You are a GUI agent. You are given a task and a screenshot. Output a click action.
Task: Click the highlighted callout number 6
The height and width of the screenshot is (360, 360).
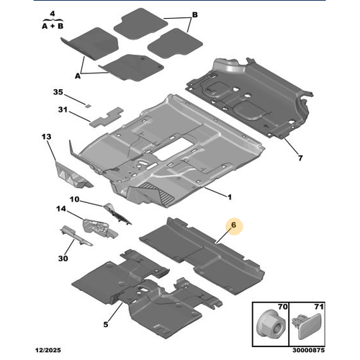[233, 225]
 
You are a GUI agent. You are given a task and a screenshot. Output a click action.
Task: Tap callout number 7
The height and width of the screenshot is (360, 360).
[300, 158]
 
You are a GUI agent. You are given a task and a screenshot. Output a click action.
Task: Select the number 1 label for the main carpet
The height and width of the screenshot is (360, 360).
[230, 197]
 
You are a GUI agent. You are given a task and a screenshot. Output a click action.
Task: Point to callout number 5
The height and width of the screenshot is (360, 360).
[106, 325]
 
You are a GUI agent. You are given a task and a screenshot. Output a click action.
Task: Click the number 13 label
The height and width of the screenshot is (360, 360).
[46, 137]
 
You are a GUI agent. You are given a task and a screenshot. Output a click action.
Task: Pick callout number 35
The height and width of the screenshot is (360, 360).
[58, 92]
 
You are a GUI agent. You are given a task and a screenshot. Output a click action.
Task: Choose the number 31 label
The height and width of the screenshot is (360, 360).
[63, 109]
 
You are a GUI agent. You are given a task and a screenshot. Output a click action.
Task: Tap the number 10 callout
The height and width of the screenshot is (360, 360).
[74, 199]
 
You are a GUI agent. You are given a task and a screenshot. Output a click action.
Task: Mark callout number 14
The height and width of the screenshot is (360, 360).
[61, 209]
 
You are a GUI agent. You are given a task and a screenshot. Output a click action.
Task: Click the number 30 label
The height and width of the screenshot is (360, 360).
[63, 258]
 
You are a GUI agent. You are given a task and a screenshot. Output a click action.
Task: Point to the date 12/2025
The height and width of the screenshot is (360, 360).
[48, 351]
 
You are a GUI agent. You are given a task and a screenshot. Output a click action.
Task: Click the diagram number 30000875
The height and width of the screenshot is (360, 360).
[309, 351]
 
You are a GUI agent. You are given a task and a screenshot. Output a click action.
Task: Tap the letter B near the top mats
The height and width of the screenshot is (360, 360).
[195, 15]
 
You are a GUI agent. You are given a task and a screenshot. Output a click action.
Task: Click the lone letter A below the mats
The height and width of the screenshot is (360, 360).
[78, 76]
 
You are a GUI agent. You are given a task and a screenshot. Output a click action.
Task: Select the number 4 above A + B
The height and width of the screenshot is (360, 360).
[53, 14]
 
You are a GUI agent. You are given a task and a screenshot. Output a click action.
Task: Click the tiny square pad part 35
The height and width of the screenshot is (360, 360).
[89, 105]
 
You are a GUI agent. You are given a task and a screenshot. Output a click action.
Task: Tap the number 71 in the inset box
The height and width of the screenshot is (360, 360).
[319, 307]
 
